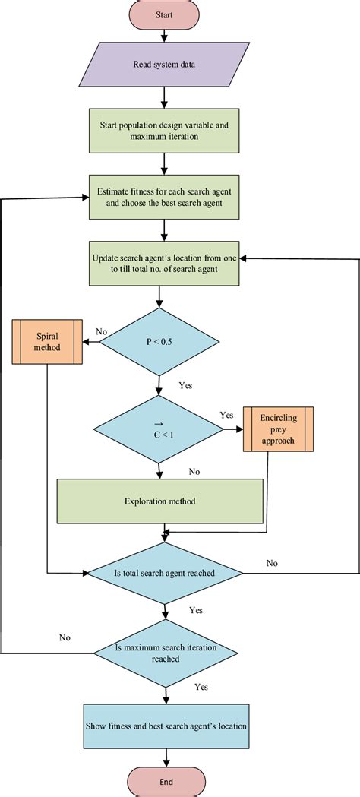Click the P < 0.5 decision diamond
pos(159,341)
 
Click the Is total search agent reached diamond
pos(165,573)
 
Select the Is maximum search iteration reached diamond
pos(165,653)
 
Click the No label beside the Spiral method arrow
pos(100,332)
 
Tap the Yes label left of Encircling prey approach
pos(226,415)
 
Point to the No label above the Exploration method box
pos(194,472)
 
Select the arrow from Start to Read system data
pos(164,35)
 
